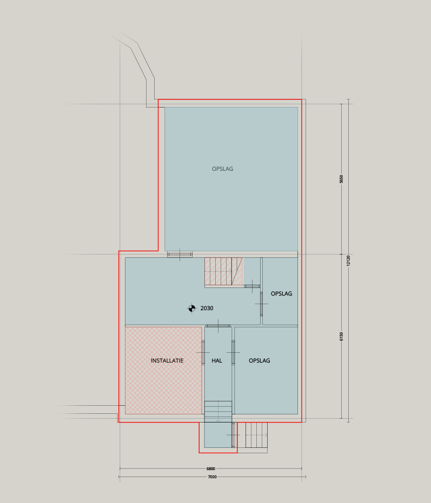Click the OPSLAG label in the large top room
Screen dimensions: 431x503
pyautogui.click(x=222, y=169)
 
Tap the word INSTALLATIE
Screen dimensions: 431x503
pyautogui.click(x=167, y=360)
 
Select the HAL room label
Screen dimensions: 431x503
pyautogui.click(x=217, y=360)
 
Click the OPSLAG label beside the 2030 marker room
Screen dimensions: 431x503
pyautogui.click(x=281, y=293)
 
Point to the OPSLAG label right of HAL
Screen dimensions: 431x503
pyautogui.click(x=259, y=360)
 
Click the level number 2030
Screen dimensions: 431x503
pyautogui.click(x=207, y=308)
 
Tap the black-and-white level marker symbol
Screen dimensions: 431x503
pyautogui.click(x=192, y=308)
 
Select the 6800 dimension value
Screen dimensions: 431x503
pyautogui.click(x=211, y=468)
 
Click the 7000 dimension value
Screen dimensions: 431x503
pyautogui.click(x=213, y=477)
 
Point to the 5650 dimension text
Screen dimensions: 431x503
pyautogui.click(x=341, y=179)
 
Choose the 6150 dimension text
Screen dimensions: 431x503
pyautogui.click(x=341, y=337)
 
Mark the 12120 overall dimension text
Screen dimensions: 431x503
pyautogui.click(x=348, y=260)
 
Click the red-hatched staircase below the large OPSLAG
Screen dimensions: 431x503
pyautogui.click(x=223, y=271)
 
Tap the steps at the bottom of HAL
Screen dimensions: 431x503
pyautogui.click(x=218, y=412)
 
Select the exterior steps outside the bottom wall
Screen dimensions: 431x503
pyautogui.click(x=257, y=435)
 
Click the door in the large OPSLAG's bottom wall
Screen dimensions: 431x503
pyautogui.click(x=180, y=254)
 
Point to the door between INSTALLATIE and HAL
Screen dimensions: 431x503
pyautogui.click(x=203, y=353)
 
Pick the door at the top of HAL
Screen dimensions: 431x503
pyautogui.click(x=218, y=326)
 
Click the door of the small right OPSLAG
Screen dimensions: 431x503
pyautogui.click(x=261, y=304)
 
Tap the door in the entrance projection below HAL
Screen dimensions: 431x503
pyautogui.click(x=233, y=435)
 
